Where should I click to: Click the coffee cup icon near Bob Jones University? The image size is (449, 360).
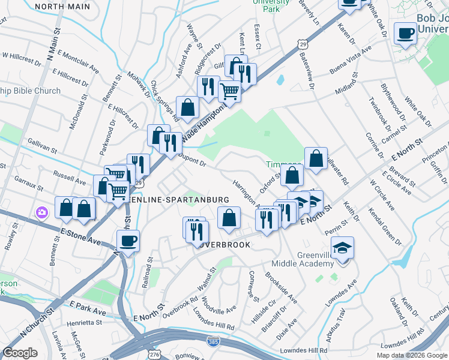pyautogui.click(x=406, y=32)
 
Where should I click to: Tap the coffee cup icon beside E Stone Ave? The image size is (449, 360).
pyautogui.click(x=128, y=241)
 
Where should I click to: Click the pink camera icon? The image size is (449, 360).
pyautogui.click(x=41, y=212)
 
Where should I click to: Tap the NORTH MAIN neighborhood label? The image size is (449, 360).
pyautogui.click(x=62, y=7)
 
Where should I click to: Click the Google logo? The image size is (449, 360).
pyautogui.click(x=20, y=353)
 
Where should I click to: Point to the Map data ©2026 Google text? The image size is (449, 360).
pyautogui.click(x=411, y=355)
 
